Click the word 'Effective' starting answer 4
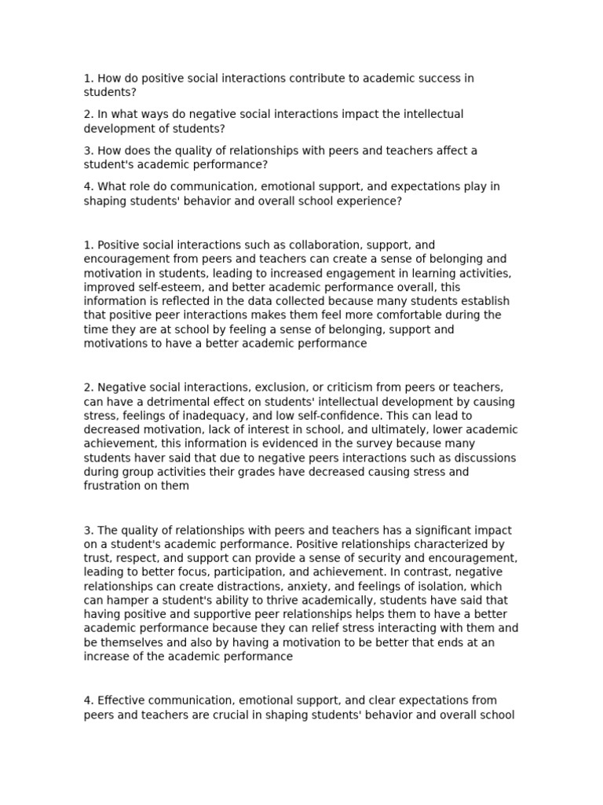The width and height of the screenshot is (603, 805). pyautogui.click(x=122, y=700)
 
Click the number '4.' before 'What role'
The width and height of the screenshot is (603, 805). pyautogui.click(x=89, y=187)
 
